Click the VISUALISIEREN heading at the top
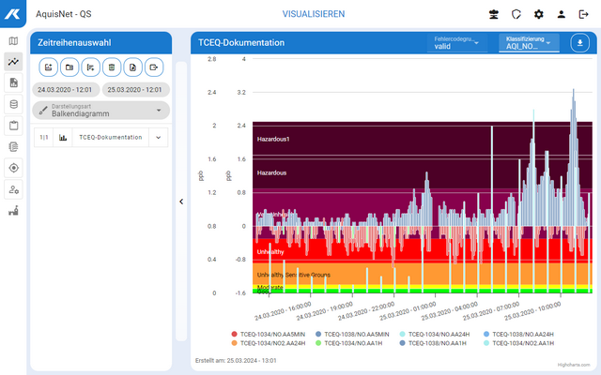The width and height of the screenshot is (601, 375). tap(314, 14)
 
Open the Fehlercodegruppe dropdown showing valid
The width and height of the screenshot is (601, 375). tap(455, 43)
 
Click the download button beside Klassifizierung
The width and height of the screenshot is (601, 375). tap(579, 43)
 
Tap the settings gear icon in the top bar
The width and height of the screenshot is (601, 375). tap(539, 14)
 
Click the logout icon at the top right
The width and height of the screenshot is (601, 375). tap(583, 14)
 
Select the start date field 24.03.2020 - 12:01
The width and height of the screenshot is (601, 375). tap(66, 90)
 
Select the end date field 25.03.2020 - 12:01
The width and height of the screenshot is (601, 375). tap(135, 90)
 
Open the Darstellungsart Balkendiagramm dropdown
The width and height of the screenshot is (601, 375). tap(101, 111)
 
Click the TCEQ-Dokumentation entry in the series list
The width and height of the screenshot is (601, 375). tap(111, 137)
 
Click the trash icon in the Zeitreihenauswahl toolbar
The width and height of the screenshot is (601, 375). tap(112, 67)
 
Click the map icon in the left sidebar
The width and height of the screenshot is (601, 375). tap(13, 41)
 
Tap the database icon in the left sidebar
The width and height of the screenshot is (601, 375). tap(13, 104)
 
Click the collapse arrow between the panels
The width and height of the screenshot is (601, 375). tap(180, 201)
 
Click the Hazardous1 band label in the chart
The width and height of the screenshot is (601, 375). tap(274, 139)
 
